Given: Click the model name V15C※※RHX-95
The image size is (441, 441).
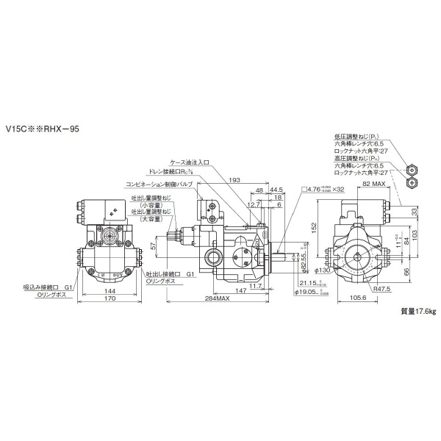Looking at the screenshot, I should click(42, 129).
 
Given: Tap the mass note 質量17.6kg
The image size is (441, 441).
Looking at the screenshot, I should click(417, 312).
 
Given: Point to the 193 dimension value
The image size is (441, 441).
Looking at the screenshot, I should click(235, 180).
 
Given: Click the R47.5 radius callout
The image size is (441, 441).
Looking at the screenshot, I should click(380, 290).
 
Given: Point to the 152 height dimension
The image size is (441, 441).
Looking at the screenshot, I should click(315, 228).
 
